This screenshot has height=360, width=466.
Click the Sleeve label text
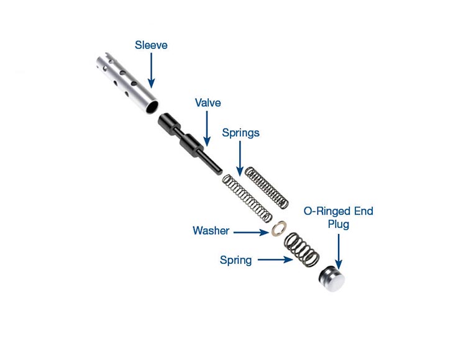pos(151,45)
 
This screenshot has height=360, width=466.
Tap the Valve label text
pos(208,102)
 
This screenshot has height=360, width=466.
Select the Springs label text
pos(240,133)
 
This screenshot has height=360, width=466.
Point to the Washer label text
pos(211,231)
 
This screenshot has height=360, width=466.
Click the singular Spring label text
pos(235,260)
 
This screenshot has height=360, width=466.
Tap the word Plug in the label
pos(338,224)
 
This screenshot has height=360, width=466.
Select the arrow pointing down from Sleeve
pos(151,70)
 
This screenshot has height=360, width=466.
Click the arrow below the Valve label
pos(207,128)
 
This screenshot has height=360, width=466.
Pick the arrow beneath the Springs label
pos(240,158)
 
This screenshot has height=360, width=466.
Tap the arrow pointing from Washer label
pos(251,232)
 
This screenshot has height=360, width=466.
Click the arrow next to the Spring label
pos(275,259)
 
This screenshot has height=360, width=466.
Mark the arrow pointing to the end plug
pos(339,251)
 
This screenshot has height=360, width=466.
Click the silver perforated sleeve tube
pos(127,83)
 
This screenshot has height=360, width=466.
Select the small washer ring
pos(279,228)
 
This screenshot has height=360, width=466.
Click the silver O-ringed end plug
pos(332,279)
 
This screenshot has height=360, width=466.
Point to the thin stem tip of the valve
pos(219,171)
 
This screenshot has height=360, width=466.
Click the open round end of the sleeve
pos(152,107)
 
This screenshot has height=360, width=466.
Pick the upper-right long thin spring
pos(267,187)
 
